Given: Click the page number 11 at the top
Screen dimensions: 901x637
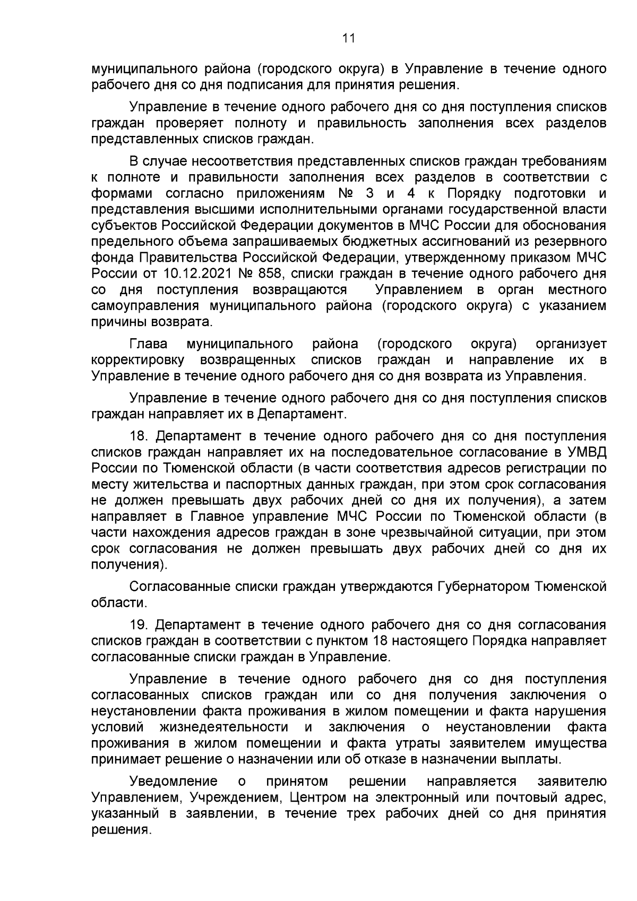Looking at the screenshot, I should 348,38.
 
